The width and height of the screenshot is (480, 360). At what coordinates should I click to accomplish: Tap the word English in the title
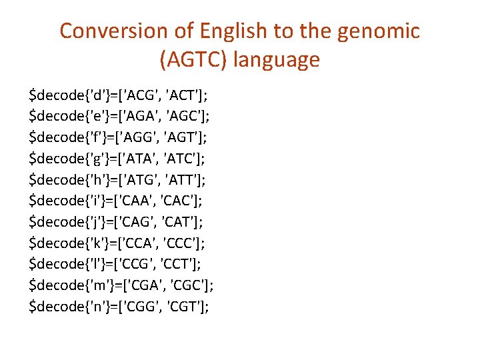229,31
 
